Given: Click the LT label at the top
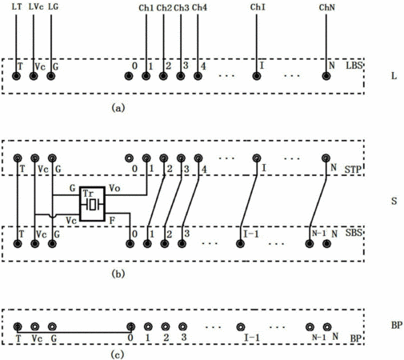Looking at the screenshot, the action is click(17, 6).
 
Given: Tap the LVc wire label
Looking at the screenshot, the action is click(36, 6).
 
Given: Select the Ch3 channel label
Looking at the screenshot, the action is click(182, 8).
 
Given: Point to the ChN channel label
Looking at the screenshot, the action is click(326, 7).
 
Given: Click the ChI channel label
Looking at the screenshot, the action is click(258, 7).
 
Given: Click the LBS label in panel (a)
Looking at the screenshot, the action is click(354, 66).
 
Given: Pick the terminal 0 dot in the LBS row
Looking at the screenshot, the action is click(129, 76).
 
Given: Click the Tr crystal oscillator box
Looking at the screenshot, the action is click(92, 204).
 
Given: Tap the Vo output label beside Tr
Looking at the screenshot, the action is click(114, 188).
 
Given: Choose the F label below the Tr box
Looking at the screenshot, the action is click(112, 221).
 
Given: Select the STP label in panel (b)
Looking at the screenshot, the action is click(353, 170).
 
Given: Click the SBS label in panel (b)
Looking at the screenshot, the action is click(354, 233).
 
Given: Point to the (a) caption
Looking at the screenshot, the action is click(118, 108).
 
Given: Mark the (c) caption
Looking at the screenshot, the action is click(117, 354).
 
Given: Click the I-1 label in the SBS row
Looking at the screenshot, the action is click(251, 234).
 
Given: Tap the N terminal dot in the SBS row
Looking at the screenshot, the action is click(326, 244).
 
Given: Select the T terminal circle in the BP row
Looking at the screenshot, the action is click(18, 326).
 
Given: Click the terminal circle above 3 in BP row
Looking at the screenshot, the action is click(182, 326).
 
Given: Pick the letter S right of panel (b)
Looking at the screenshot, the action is click(394, 201).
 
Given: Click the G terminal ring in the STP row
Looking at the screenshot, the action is click(52, 158).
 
